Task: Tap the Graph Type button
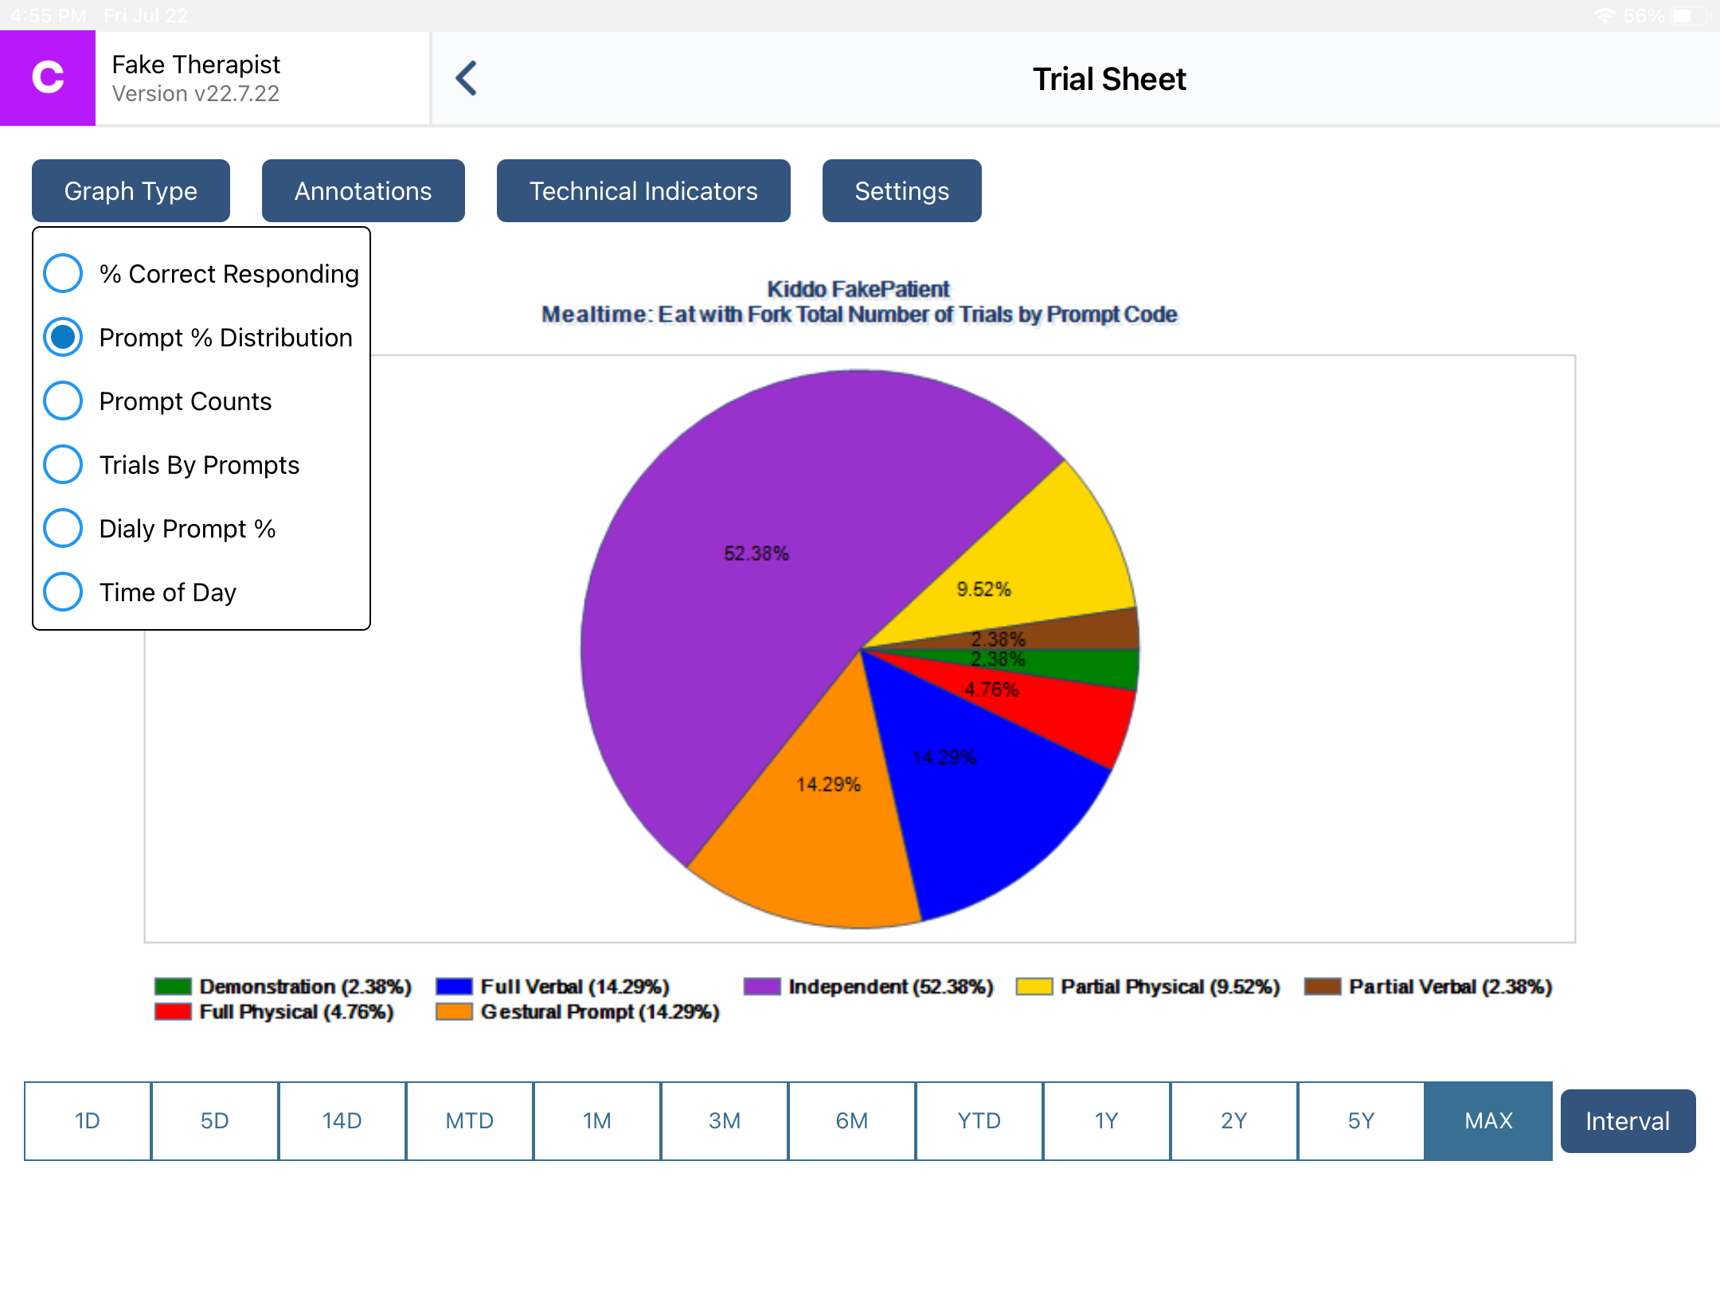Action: [x=131, y=191]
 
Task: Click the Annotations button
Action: [x=363, y=191]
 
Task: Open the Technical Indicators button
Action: [x=643, y=191]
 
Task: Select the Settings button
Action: [x=901, y=191]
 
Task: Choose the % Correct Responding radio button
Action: [x=63, y=274]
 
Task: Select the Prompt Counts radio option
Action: [x=63, y=401]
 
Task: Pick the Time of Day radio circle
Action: [x=63, y=592]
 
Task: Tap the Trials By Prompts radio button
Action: [x=63, y=465]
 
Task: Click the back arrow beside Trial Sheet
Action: [x=467, y=79]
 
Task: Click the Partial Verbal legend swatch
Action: [x=1323, y=987]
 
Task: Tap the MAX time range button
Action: [x=1487, y=1121]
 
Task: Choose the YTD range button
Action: [x=979, y=1121]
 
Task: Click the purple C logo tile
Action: [x=48, y=78]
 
